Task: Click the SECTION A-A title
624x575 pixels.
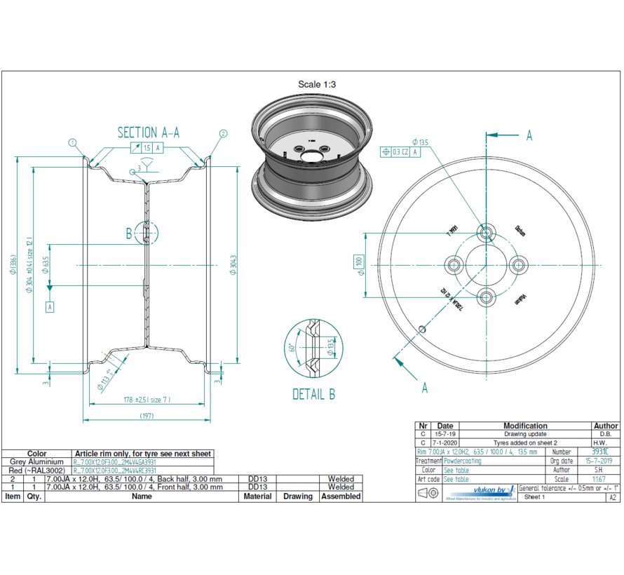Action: point(148,133)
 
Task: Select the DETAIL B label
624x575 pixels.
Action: point(313,394)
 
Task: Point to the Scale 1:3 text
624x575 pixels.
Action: point(317,84)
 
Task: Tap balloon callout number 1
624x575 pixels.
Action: point(72,142)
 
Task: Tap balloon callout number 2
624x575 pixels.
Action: point(223,133)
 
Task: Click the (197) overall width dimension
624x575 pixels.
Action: point(146,416)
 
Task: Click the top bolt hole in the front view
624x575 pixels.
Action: point(486,232)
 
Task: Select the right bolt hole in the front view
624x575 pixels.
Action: point(519,265)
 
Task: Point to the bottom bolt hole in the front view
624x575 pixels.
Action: point(486,298)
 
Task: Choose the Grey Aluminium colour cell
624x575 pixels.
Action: point(36,462)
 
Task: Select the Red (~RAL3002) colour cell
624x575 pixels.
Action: point(36,471)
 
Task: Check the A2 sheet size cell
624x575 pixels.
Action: point(612,497)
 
